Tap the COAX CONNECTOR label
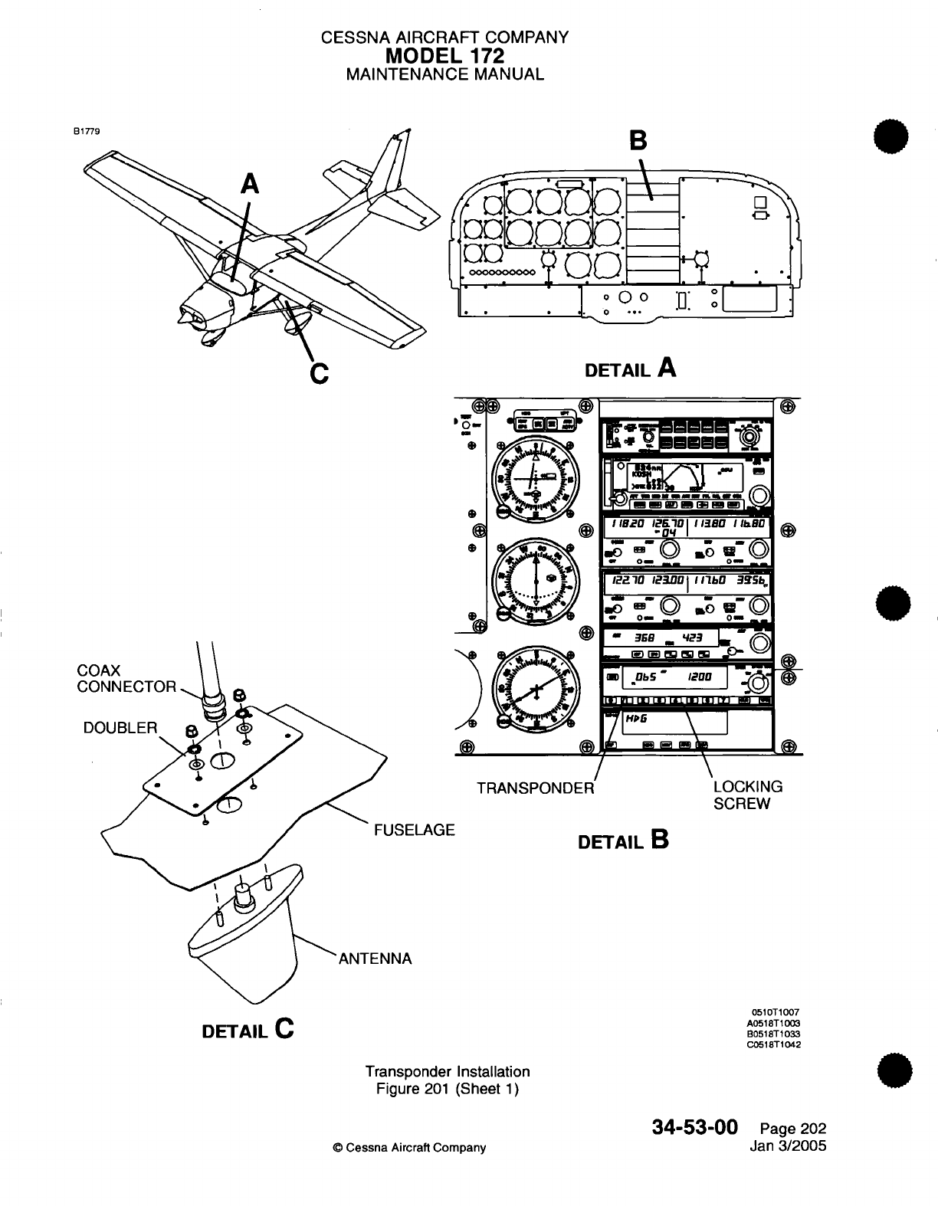(126, 679)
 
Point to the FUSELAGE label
(414, 829)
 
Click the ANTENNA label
(376, 958)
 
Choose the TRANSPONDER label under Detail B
(535, 788)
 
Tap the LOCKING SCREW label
(747, 795)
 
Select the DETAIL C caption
(248, 1028)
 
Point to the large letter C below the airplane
(319, 373)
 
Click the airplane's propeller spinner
(185, 315)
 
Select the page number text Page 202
(792, 1129)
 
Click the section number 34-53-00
(695, 1127)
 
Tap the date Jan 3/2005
(790, 1147)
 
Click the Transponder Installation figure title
(448, 1071)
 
